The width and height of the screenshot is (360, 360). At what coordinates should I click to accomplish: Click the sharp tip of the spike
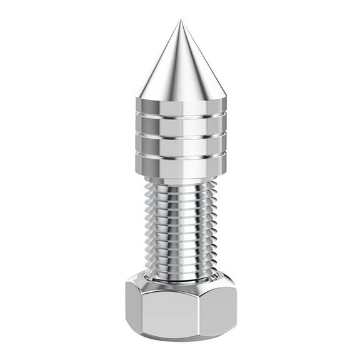[x=181, y=21]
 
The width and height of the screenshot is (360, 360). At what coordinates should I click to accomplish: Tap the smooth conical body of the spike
[x=181, y=69]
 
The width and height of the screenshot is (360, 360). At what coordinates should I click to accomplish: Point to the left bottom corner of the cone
[x=137, y=98]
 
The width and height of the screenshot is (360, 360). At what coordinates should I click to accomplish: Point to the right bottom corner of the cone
[x=226, y=98]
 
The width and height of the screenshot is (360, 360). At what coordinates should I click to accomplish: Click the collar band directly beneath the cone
[x=181, y=107]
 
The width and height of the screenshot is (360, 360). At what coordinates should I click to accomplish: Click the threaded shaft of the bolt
[x=181, y=225]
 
